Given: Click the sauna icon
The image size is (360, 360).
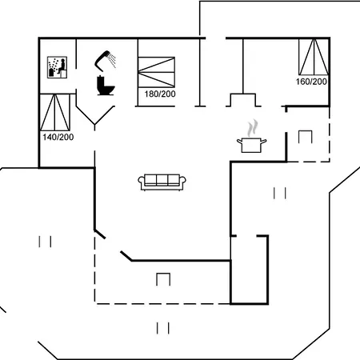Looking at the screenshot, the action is coord(57,67).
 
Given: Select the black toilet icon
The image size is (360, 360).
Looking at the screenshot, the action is coord(106,86).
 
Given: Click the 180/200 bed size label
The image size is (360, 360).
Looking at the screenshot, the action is coord(160,94).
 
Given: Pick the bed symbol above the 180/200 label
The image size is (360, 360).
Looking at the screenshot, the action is coord(157,72).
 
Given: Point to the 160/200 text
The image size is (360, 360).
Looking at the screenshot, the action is coord(311,82).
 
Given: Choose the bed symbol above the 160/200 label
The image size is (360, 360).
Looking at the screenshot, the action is coord(314,57).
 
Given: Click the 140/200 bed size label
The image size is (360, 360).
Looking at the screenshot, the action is coord(58,137).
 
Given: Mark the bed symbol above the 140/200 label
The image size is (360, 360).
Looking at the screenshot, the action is coord(55,112).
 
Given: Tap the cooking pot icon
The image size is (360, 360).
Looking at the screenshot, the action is coord(251,145).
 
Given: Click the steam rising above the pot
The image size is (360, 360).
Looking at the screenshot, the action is coord(253,128).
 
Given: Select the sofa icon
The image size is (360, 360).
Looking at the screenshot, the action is coord(162,182).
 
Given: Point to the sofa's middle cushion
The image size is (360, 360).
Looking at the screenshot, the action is coord(162,179).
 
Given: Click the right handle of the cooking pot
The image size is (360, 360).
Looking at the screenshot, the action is coord(263,142).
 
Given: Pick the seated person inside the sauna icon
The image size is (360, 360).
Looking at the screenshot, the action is coord(62,67).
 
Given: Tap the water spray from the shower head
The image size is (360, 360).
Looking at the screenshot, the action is coord(113,61).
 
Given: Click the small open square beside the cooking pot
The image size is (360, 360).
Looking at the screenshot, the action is coord(306,137).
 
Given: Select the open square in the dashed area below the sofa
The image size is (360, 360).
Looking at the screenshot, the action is coord(163,279).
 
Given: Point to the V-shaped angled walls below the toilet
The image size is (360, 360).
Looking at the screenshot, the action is coord(95,115).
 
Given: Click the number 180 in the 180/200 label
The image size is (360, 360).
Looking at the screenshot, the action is coord(152,94).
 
